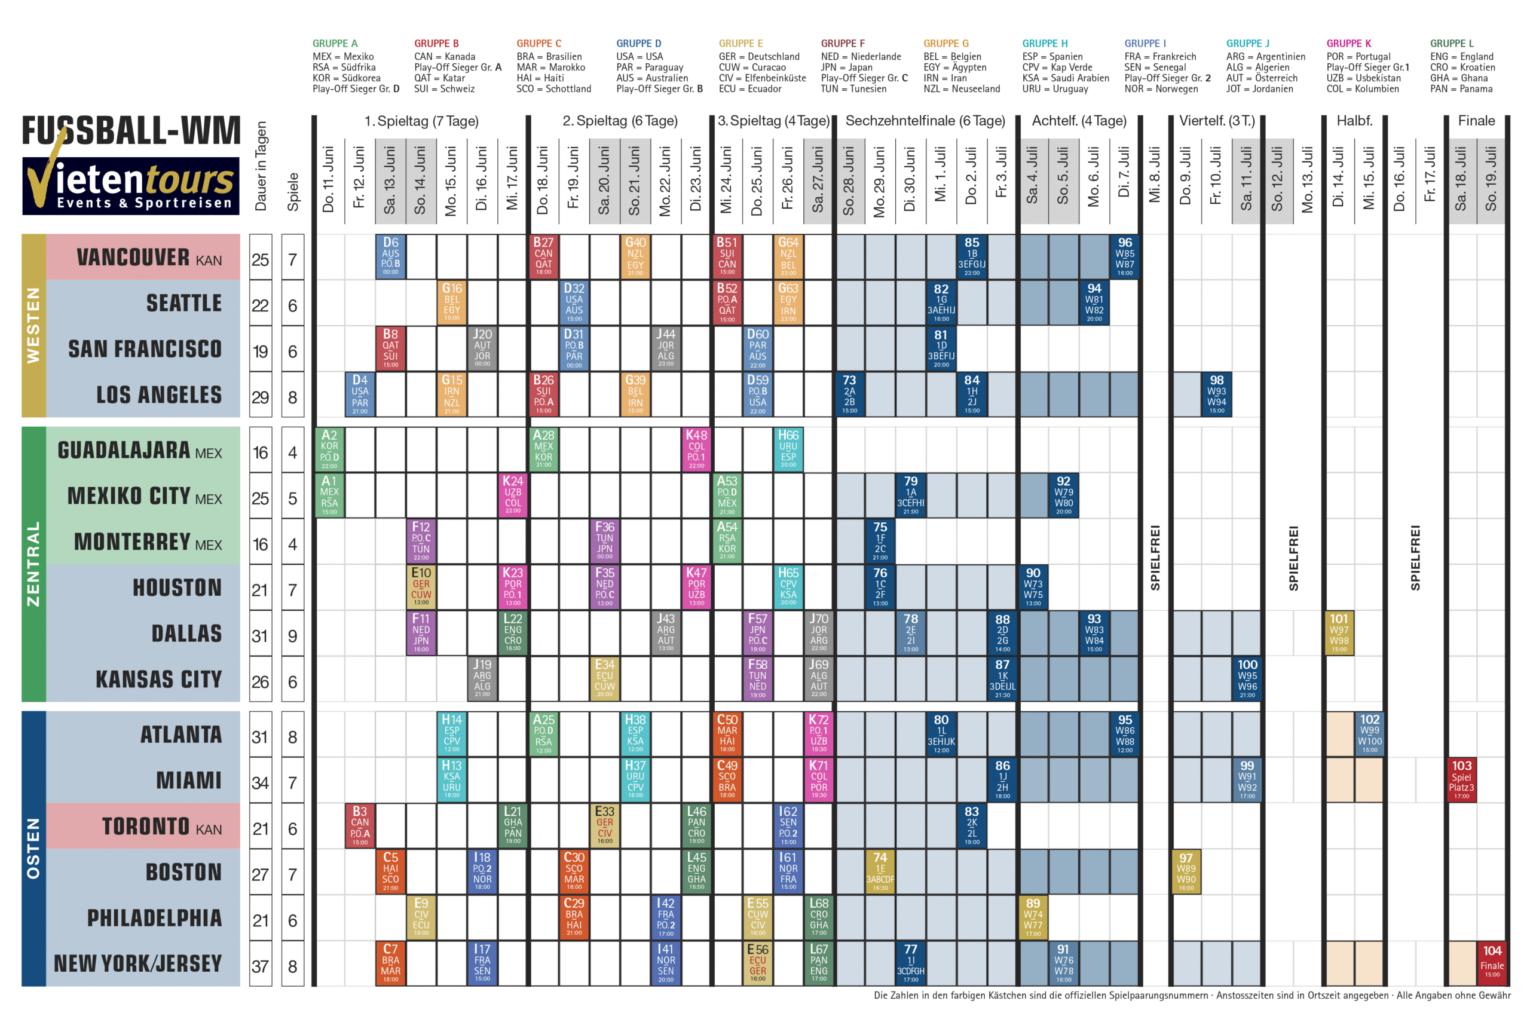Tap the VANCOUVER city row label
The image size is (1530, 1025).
click(148, 257)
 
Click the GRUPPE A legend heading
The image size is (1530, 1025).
click(335, 43)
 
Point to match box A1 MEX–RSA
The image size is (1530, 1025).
click(329, 495)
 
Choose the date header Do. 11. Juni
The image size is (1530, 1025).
click(328, 179)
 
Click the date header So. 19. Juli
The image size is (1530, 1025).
click(1491, 179)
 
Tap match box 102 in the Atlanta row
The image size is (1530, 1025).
click(1369, 733)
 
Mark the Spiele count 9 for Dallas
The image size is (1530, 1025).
click(292, 635)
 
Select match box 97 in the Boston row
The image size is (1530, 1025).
click(1186, 871)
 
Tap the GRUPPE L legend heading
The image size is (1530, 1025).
click(1452, 43)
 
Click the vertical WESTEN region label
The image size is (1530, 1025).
click(33, 325)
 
